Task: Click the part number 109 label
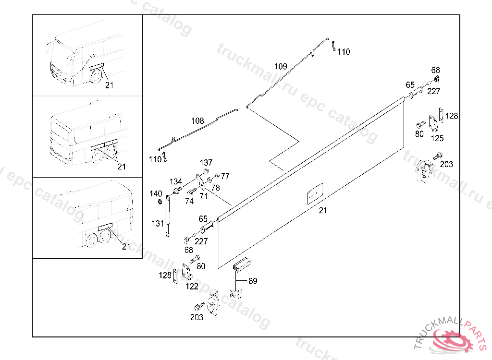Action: pyautogui.click(x=281, y=66)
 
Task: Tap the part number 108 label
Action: pyautogui.click(x=197, y=121)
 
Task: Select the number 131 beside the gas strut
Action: pyautogui.click(x=158, y=223)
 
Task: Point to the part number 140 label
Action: pyautogui.click(x=156, y=193)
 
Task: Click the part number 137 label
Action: pyautogui.click(x=206, y=163)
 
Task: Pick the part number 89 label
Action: pyautogui.click(x=252, y=281)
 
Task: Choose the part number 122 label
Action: pyautogui.click(x=192, y=287)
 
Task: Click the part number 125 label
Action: pyautogui.click(x=437, y=139)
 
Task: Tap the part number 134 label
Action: pyautogui.click(x=175, y=181)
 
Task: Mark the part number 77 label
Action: pyautogui.click(x=225, y=176)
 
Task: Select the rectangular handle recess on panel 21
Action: pyautogui.click(x=314, y=195)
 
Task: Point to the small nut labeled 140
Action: pyautogui.click(x=160, y=201)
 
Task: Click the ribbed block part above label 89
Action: pyautogui.click(x=242, y=265)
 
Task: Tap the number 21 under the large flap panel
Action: pyautogui.click(x=323, y=210)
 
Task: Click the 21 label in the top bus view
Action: pyautogui.click(x=110, y=85)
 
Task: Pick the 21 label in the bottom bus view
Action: pyautogui.click(x=126, y=247)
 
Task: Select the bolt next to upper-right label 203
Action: pyautogui.click(x=437, y=156)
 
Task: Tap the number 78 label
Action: pyautogui.click(x=216, y=187)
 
